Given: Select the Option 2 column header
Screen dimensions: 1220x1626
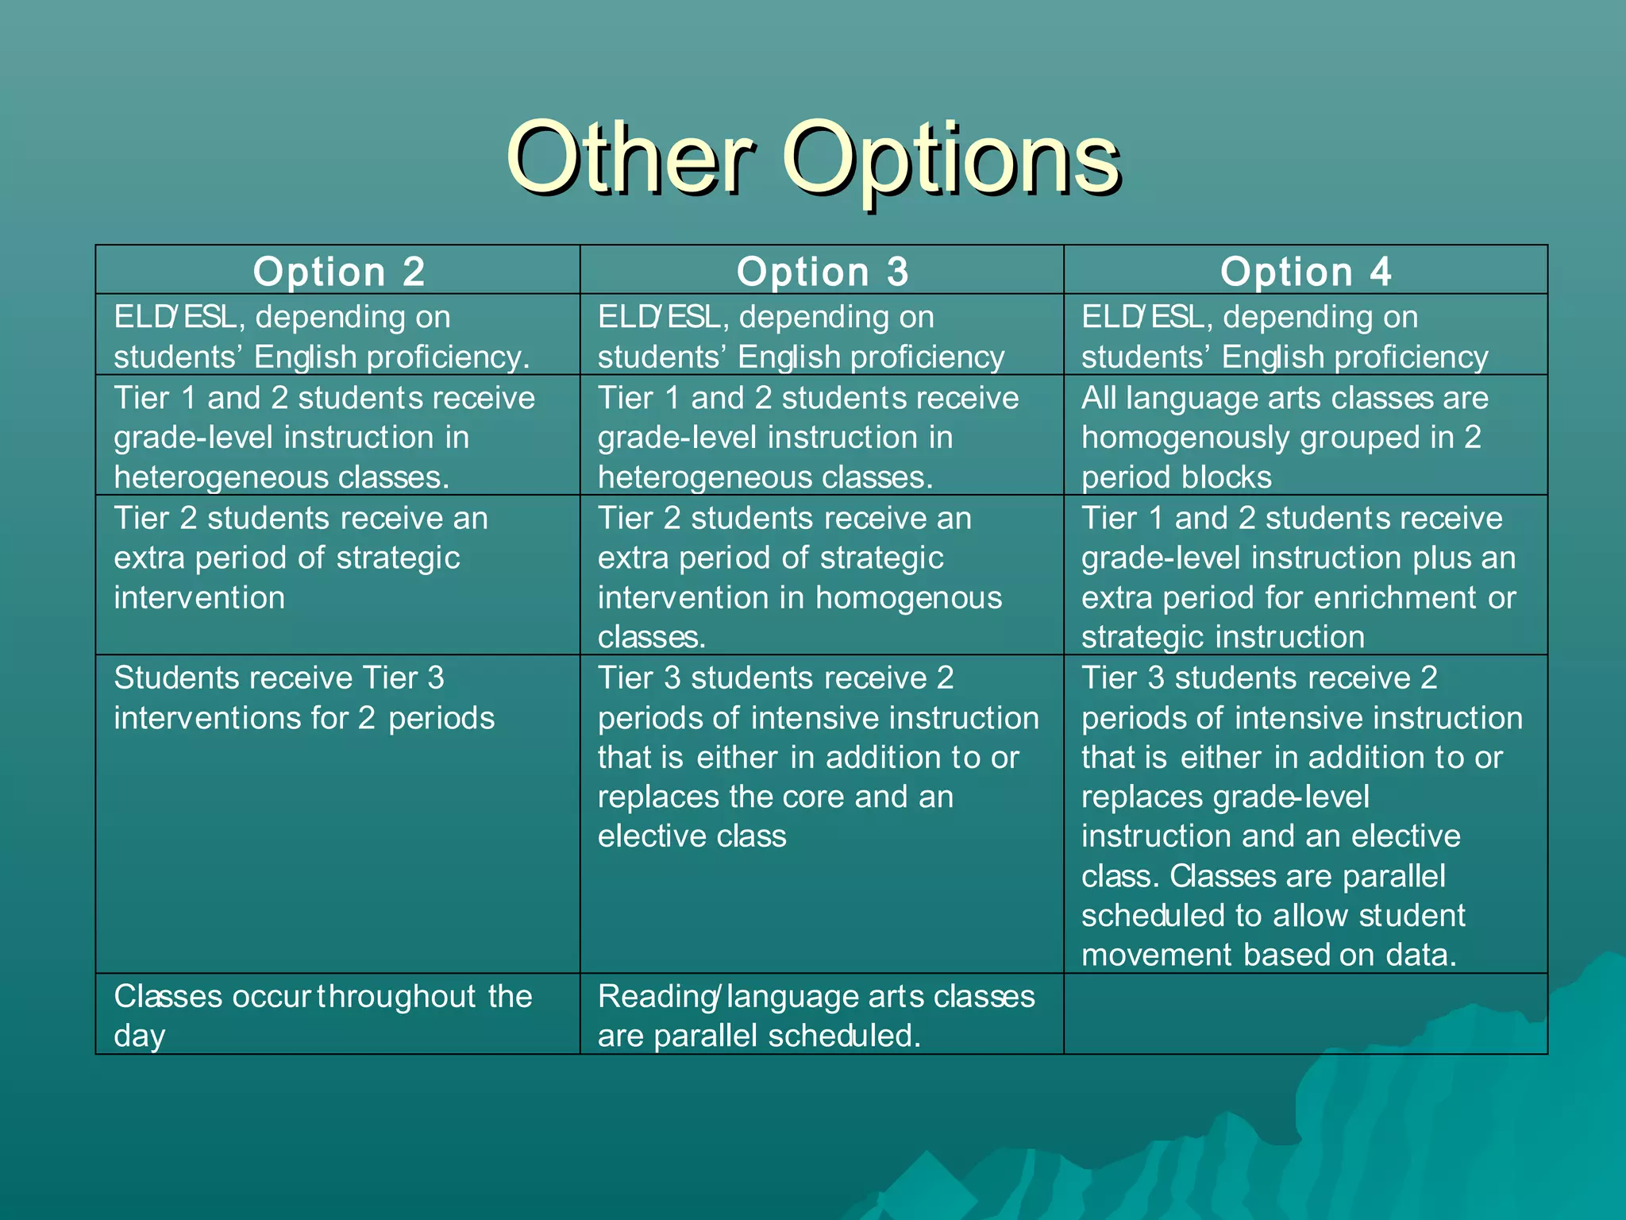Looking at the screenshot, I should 339,272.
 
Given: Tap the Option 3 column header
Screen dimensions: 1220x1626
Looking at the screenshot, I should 823,272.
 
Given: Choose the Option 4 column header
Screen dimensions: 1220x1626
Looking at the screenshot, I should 1306,272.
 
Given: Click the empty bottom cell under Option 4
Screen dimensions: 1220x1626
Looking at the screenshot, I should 1306,1014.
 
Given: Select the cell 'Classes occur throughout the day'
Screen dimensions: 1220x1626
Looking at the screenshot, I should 322,1014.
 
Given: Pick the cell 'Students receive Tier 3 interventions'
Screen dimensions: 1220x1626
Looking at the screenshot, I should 304,698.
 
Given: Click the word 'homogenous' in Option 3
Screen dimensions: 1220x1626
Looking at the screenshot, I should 908,598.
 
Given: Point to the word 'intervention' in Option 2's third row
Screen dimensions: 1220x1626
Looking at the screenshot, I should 199,598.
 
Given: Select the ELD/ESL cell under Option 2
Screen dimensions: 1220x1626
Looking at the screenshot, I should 322,337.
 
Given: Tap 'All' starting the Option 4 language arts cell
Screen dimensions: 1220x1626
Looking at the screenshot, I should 1099,398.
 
